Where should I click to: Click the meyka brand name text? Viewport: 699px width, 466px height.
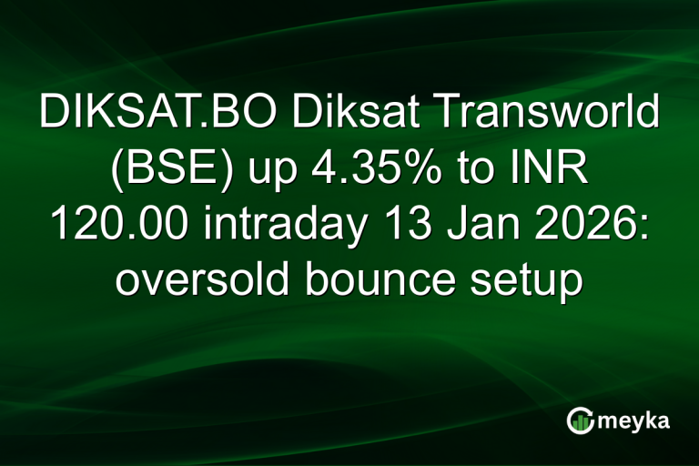pyautogui.click(x=634, y=420)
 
